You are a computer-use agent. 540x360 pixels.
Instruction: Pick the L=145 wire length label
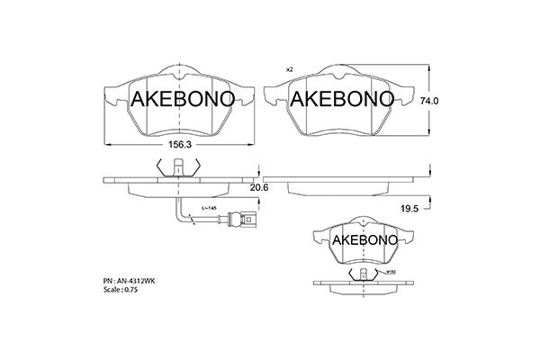pos(208,209)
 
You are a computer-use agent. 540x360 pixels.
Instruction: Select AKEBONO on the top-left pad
pos(184,99)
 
